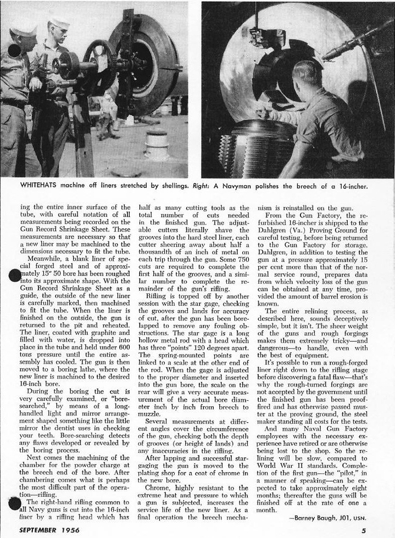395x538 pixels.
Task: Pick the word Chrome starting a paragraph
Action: (157, 487)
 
